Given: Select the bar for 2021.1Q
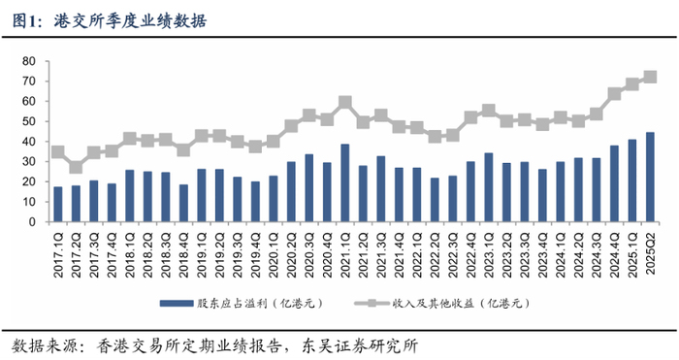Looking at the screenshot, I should point(344,182).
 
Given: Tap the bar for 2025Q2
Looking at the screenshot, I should point(650,177).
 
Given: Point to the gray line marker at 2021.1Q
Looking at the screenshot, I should point(344,102).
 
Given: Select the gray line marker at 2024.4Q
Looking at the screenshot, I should point(614,94).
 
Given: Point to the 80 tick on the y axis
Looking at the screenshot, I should point(28,61).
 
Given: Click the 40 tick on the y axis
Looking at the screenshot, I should point(28,142).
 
